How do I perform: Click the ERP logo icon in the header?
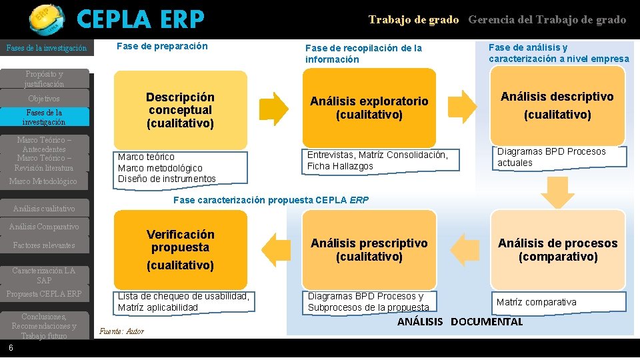click(x=46, y=19)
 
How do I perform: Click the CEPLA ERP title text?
click(x=140, y=20)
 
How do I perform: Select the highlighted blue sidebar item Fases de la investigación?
click(x=44, y=117)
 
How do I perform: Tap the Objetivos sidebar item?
click(x=44, y=99)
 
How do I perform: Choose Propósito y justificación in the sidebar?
click(x=44, y=79)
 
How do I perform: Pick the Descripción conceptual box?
click(x=180, y=110)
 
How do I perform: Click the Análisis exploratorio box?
click(x=369, y=108)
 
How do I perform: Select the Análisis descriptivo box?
click(x=557, y=105)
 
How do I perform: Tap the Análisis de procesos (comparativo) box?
click(x=557, y=249)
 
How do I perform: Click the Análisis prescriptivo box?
click(x=369, y=249)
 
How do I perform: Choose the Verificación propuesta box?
click(x=180, y=249)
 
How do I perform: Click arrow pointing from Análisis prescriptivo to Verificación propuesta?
click(x=275, y=249)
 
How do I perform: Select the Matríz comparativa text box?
click(x=559, y=302)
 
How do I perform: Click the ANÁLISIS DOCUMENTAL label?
click(x=460, y=322)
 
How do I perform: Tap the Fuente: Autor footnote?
click(x=121, y=331)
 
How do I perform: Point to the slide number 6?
click(x=11, y=348)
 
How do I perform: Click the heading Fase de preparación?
click(x=162, y=46)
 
